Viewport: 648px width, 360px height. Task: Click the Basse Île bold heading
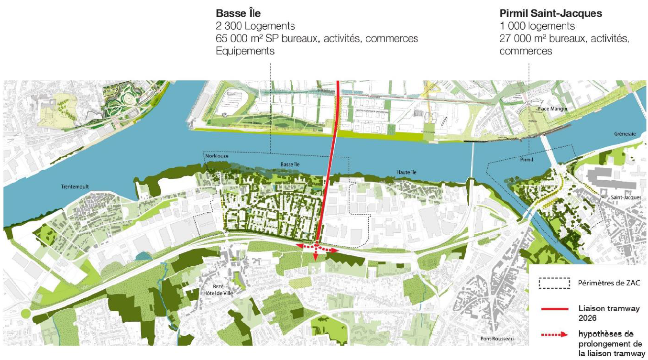pyautogui.click(x=238, y=14)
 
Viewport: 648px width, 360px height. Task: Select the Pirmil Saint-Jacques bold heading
pyautogui.click(x=550, y=14)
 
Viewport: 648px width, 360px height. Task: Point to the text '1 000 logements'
pyautogui.click(x=537, y=26)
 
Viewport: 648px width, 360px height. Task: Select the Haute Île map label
pyautogui.click(x=407, y=172)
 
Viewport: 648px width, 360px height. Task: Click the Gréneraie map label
pyautogui.click(x=625, y=134)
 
